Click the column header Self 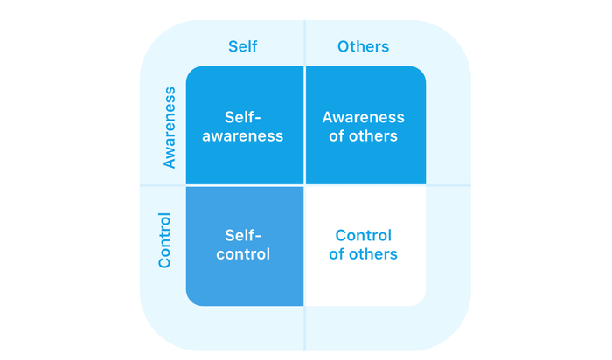pyautogui.click(x=242, y=46)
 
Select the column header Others pyautogui.click(x=363, y=46)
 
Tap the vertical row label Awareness pyautogui.click(x=170, y=128)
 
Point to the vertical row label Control pyautogui.click(x=164, y=240)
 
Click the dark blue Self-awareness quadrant pyautogui.click(x=245, y=125)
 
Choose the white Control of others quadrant pyautogui.click(x=365, y=246)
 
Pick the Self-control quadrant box pyautogui.click(x=245, y=246)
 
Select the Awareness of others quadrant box pyautogui.click(x=365, y=125)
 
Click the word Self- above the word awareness pyautogui.click(x=242, y=117)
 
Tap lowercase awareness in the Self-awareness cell pyautogui.click(x=242, y=136)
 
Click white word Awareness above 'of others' pyautogui.click(x=363, y=117)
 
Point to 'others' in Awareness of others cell pyautogui.click(x=373, y=136)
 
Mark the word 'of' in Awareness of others pyautogui.click(x=337, y=136)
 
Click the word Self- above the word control pyautogui.click(x=243, y=236)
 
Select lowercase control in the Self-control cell pyautogui.click(x=243, y=254)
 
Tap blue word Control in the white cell pyautogui.click(x=364, y=236)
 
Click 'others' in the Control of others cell pyautogui.click(x=373, y=254)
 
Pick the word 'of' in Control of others pyautogui.click(x=337, y=254)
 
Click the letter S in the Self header pyautogui.click(x=233, y=46)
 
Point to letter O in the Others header pyautogui.click(x=344, y=46)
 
